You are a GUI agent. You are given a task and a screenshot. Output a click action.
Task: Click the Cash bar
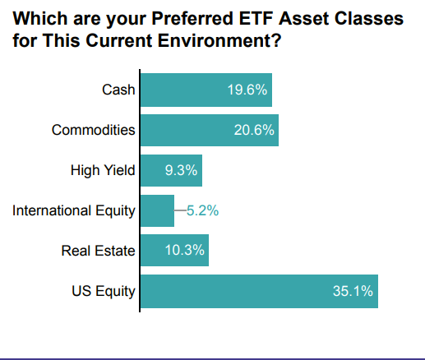coord(206,90)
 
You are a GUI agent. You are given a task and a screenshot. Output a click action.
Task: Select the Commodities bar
coord(210,130)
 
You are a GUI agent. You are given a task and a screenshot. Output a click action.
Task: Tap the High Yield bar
coord(171,170)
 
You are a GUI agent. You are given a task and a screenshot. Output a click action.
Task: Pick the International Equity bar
coord(157,210)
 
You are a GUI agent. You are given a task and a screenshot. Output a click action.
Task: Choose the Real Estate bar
coord(174,250)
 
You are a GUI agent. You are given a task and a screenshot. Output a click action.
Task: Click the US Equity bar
coord(259,291)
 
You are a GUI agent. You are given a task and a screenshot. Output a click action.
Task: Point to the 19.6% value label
coord(247,90)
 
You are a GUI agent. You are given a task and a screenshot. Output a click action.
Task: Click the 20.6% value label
coord(254,130)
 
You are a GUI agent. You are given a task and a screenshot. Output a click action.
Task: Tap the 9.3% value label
coord(181,170)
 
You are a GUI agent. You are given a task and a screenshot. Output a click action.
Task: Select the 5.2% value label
coord(202,210)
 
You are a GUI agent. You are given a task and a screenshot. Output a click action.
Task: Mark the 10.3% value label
coord(184,250)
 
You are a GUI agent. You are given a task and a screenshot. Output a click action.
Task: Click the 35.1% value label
coord(353,291)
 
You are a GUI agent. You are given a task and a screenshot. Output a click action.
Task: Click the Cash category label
coord(118,90)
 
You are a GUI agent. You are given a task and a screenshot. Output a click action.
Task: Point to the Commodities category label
coord(94,130)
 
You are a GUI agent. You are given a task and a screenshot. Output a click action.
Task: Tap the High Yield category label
coord(103,170)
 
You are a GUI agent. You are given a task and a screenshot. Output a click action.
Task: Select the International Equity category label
coord(74,211)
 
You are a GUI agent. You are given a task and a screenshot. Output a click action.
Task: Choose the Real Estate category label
coord(99,251)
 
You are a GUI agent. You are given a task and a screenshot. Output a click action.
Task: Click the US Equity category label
coord(104,292)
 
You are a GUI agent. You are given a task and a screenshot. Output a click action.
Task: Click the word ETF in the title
coord(256,18)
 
